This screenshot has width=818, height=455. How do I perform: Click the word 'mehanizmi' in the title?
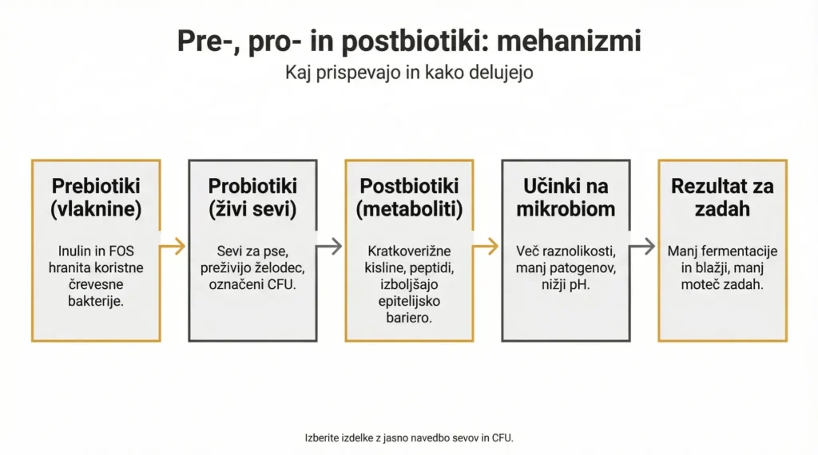tap(569, 42)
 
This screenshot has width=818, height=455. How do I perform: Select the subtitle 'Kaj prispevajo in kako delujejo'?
tap(409, 72)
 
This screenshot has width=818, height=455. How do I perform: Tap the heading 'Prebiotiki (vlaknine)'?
tap(96, 197)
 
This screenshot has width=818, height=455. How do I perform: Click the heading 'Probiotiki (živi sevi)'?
tap(252, 197)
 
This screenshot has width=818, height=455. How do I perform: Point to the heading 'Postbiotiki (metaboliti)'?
tap(409, 197)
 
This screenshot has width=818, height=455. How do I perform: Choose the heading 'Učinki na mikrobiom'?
tap(566, 197)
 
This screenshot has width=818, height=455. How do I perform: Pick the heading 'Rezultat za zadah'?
tap(722, 197)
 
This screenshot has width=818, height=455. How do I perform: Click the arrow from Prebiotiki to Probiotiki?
tap(173, 246)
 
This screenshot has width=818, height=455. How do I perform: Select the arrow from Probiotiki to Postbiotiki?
tap(329, 246)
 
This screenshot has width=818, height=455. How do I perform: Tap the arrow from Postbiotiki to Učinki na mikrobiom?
tap(486, 246)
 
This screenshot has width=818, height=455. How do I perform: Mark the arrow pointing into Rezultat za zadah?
tap(642, 246)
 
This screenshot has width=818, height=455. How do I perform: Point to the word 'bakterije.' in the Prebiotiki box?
tap(96, 301)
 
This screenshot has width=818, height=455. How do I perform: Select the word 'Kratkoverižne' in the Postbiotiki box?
tap(409, 251)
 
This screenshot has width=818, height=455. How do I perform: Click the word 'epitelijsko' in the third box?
tap(409, 301)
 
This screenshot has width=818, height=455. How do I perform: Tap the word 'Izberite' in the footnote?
tap(322, 437)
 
